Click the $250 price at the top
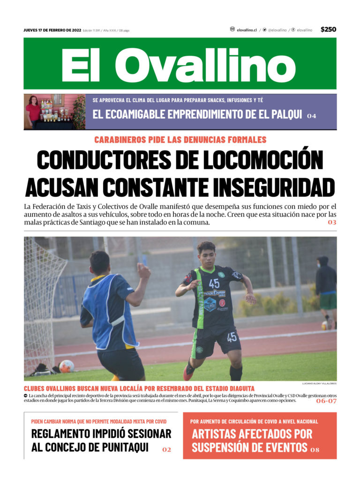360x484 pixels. [x=328, y=30]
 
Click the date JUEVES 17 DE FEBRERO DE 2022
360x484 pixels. [x=52, y=30]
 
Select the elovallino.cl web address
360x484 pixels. [x=247, y=30]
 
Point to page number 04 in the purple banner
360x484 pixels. [x=312, y=116]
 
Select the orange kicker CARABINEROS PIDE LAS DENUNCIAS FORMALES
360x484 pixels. [x=180, y=140]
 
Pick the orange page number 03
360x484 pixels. [x=332, y=222]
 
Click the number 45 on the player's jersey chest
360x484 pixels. [x=214, y=283]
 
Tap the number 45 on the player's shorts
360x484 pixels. [x=232, y=337]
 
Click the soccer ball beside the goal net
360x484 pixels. [x=66, y=366]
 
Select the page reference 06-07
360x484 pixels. [x=326, y=401]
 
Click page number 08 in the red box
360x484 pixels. [x=315, y=450]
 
